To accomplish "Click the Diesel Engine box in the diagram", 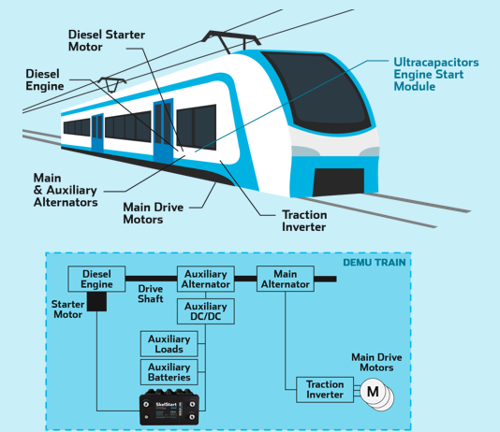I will (x=96, y=279).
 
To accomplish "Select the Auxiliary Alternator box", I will (x=205, y=279).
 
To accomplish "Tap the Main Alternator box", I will (x=285, y=279).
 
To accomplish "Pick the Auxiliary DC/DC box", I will (x=205, y=311).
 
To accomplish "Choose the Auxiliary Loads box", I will (x=169, y=343).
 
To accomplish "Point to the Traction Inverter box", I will (x=326, y=390).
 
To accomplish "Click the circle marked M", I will (x=373, y=392).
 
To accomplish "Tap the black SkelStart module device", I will (x=169, y=407).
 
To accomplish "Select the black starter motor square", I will (x=96, y=301).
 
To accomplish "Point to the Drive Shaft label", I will (x=151, y=295).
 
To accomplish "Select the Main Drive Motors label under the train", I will (x=154, y=212).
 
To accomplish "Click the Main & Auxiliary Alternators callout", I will (x=66, y=189).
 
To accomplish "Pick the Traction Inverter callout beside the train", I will (x=304, y=221).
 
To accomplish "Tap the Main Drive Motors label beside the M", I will (x=377, y=361).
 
